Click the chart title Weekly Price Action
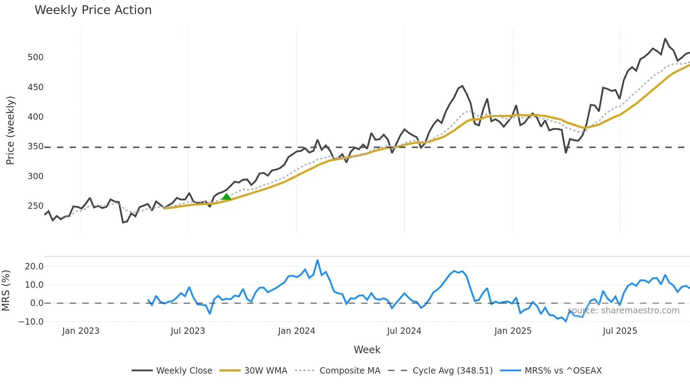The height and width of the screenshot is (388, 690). [x=93, y=10]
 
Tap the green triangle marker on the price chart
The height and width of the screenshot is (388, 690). [x=226, y=197]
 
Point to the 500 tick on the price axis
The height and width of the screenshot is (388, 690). [x=36, y=57]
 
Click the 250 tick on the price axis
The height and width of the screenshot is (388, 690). [x=36, y=206]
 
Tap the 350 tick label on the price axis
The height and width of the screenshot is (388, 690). [x=36, y=146]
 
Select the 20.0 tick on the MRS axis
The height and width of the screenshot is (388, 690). [x=34, y=267]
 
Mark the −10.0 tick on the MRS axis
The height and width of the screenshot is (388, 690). [x=31, y=322]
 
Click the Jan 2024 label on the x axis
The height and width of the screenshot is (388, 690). [x=296, y=331]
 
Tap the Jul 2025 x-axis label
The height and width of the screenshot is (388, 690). [x=620, y=331]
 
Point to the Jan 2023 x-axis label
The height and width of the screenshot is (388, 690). [x=81, y=331]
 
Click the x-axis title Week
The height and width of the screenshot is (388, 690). [x=367, y=350]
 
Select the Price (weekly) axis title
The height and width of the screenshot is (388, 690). [x=10, y=130]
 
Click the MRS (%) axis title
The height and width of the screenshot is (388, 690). [x=6, y=290]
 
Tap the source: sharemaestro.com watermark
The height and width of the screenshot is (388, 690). [x=623, y=311]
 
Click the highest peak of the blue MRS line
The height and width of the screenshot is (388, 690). [x=318, y=261]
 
